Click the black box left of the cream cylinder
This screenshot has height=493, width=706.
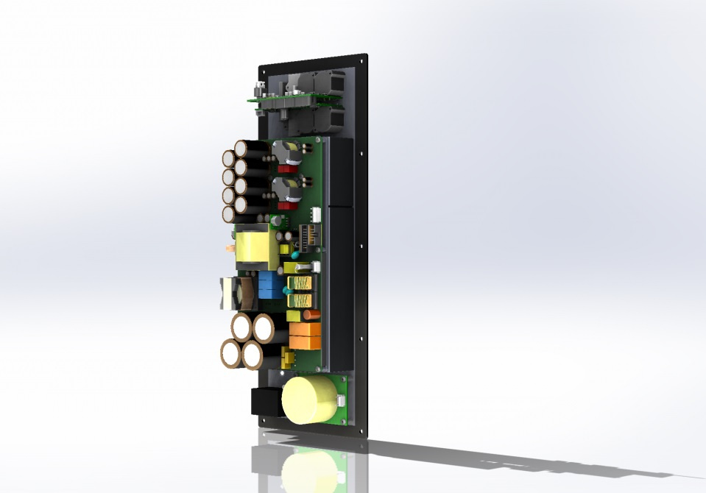266,402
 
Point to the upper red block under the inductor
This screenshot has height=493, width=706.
284,168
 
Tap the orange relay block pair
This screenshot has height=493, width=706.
304,336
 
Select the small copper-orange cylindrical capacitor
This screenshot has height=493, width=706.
312,314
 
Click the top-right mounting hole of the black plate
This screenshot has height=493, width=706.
364,57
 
